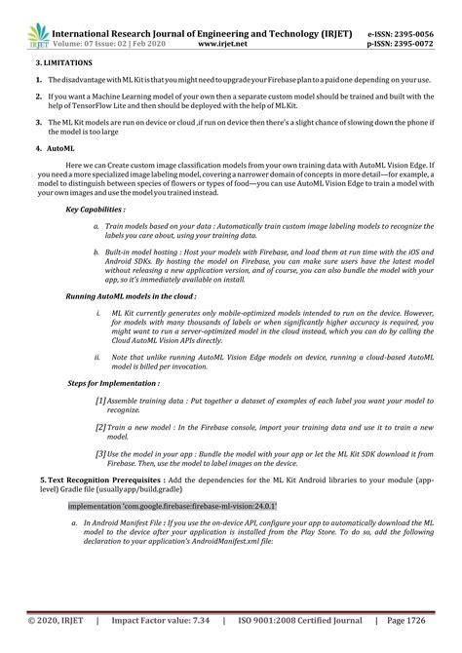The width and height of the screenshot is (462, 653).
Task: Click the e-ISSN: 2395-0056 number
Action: coord(401,33)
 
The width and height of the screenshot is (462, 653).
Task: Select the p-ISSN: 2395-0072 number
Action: coord(401,44)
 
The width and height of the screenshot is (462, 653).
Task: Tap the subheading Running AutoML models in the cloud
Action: coord(131,322)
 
